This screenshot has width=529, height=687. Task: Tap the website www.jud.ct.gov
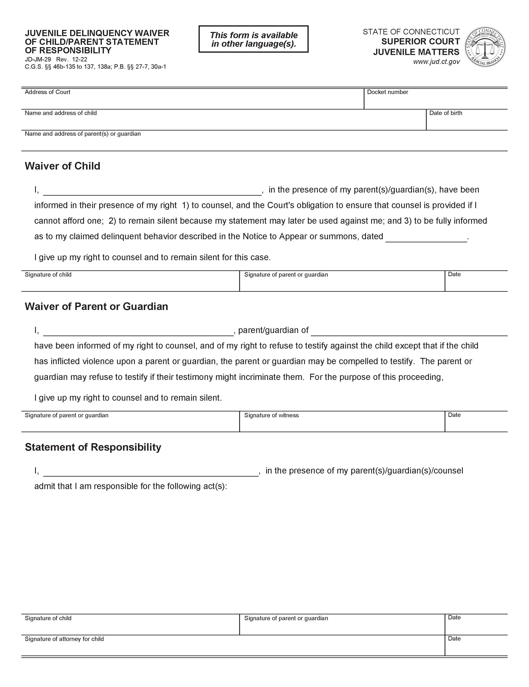click(x=436, y=62)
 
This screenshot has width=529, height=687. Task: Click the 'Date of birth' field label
click(x=445, y=113)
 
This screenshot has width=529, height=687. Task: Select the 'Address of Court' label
click(x=48, y=92)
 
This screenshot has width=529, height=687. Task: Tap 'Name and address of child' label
click(x=61, y=113)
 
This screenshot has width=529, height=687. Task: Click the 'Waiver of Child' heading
click(x=62, y=166)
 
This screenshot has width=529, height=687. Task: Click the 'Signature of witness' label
click(x=271, y=415)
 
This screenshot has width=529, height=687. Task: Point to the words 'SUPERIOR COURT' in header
click(x=420, y=41)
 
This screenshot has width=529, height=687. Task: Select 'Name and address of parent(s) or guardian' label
click(x=83, y=134)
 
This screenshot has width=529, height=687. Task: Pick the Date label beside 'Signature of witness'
click(x=454, y=415)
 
